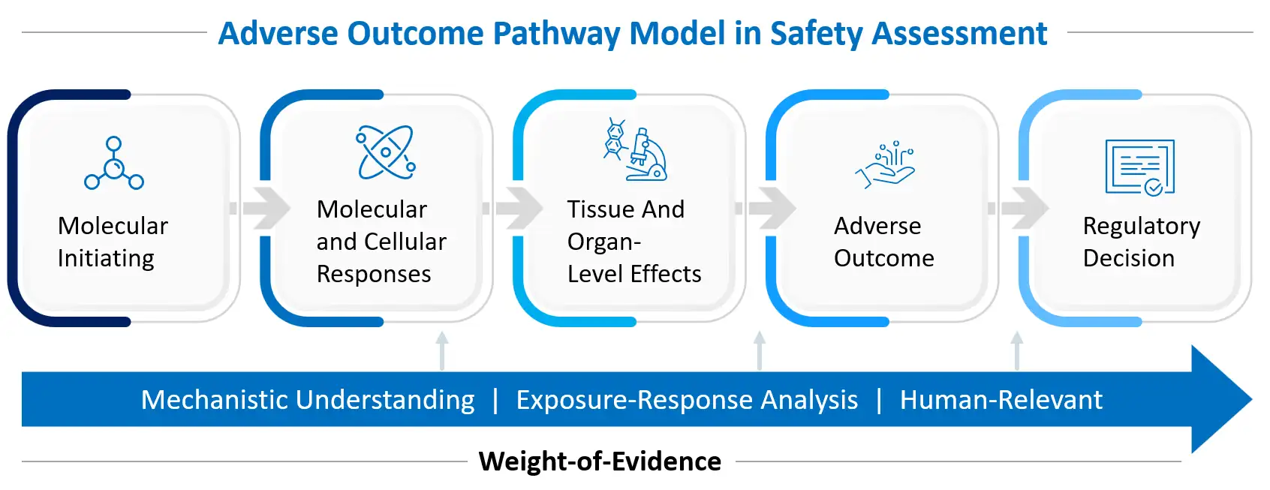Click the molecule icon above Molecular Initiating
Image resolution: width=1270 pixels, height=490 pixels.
pyautogui.click(x=114, y=163)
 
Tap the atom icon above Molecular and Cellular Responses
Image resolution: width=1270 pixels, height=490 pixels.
pyautogui.click(x=386, y=152)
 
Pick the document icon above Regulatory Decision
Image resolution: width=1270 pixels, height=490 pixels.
pyautogui.click(x=1139, y=167)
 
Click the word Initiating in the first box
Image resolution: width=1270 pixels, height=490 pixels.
pyautogui.click(x=106, y=258)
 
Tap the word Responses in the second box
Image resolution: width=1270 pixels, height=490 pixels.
pyautogui.click(x=374, y=274)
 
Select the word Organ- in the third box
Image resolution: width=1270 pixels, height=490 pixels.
pyautogui.click(x=603, y=242)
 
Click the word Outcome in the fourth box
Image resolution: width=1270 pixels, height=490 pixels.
pyautogui.click(x=883, y=258)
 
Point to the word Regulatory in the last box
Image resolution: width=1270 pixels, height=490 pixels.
pyautogui.click(x=1141, y=226)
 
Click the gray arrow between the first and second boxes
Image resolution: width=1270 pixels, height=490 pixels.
pyautogui.click(x=262, y=208)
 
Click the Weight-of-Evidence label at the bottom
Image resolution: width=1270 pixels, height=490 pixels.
pyautogui.click(x=600, y=461)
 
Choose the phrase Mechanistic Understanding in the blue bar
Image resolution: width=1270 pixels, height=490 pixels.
pyautogui.click(x=308, y=400)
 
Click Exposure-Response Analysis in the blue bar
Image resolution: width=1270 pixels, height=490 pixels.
pyautogui.click(x=686, y=400)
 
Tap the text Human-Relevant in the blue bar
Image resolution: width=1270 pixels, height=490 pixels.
pyautogui.click(x=1001, y=400)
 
